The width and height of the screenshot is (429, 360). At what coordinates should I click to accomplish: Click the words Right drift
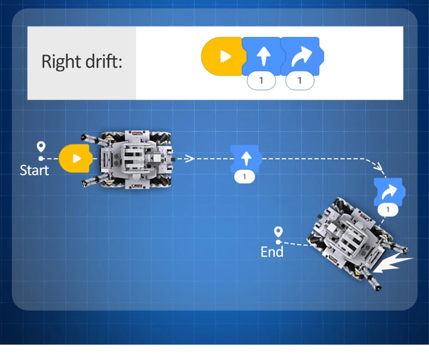pyautogui.click(x=81, y=61)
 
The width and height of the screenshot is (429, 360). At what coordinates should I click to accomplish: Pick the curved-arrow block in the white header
pyautogui.click(x=302, y=56)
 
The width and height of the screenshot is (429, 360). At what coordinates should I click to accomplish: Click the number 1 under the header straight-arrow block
pyautogui.click(x=261, y=80)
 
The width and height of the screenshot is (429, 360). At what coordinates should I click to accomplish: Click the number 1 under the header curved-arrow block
pyautogui.click(x=299, y=80)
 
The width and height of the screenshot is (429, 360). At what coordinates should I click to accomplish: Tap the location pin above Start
pyautogui.click(x=41, y=147)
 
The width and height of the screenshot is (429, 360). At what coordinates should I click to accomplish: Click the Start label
pyautogui.click(x=34, y=170)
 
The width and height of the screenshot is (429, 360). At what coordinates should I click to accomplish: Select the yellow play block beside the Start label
pyautogui.click(x=75, y=158)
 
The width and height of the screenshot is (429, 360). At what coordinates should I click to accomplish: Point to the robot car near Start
pyautogui.click(x=127, y=159)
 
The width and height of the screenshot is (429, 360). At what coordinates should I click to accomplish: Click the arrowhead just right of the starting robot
pyautogui.click(x=190, y=158)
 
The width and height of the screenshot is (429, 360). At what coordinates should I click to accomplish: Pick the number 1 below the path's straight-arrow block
pyautogui.click(x=244, y=177)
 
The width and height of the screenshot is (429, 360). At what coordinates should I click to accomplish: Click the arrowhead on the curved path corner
pyautogui.click(x=378, y=166)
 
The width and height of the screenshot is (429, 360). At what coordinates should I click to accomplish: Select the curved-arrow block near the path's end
pyautogui.click(x=390, y=192)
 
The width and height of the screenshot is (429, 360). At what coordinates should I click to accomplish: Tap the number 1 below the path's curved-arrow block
pyautogui.click(x=388, y=210)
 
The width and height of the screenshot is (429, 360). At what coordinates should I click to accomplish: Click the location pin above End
pyautogui.click(x=278, y=232)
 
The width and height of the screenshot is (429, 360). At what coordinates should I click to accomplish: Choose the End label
pyautogui.click(x=272, y=252)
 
